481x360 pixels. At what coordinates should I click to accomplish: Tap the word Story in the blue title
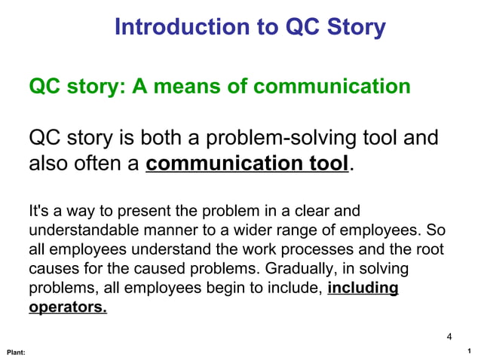[355, 27]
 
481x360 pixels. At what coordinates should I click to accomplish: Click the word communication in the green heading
[332, 87]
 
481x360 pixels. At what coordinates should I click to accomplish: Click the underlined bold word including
[363, 288]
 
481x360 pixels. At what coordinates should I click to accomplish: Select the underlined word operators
[68, 308]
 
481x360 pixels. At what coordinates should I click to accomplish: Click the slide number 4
[449, 336]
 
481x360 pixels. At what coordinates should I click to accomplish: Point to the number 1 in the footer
[469, 351]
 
